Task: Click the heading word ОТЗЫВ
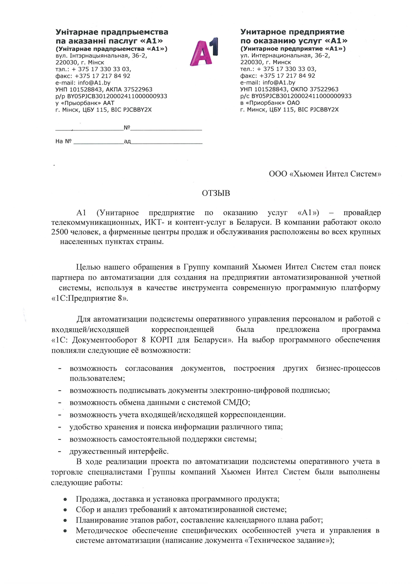tap(216, 193)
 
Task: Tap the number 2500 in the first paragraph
tap(60, 232)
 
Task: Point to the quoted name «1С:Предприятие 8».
tap(90, 298)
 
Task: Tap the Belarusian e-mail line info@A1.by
tap(83, 83)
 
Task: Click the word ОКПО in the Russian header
tap(301, 89)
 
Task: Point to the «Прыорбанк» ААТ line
tap(85, 103)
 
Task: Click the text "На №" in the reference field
tap(63, 141)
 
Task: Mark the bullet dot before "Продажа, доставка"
tap(65, 499)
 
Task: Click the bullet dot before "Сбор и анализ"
tap(65, 510)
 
